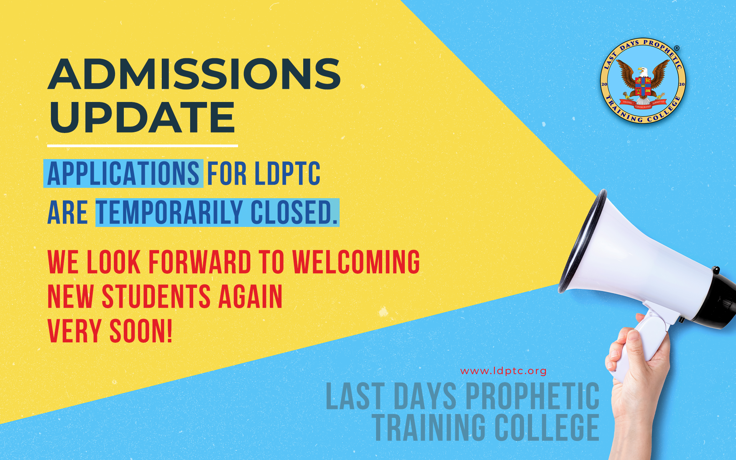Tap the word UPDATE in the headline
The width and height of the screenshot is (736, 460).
pos(142,117)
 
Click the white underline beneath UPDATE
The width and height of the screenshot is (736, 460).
pos(143,146)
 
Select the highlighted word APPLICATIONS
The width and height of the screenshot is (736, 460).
pos(123,174)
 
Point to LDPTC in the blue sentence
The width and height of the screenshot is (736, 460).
pos(287,174)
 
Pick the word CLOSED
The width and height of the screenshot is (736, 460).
pos(294,212)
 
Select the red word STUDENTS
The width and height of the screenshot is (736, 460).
pos(156,297)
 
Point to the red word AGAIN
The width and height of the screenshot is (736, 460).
pos(250,297)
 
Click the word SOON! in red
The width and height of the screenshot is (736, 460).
pos(141,331)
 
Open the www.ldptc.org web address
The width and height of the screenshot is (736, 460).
pos(503,371)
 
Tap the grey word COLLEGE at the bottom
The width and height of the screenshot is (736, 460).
pos(547,427)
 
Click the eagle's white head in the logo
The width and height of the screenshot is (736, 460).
pos(644,71)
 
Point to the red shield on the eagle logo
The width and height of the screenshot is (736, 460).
pos(643,86)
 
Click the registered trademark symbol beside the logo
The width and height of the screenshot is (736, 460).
pos(677,48)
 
